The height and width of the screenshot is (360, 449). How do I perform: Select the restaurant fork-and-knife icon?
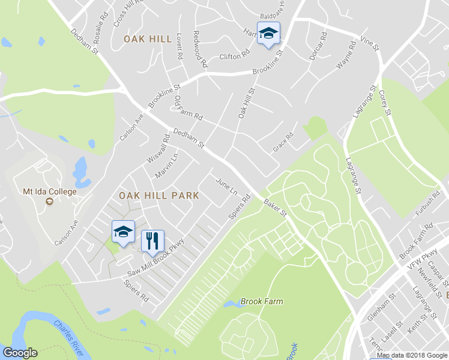coord(152,241)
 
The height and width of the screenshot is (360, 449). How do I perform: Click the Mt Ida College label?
coord(50,192)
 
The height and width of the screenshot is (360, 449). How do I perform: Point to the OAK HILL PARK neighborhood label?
coord(158,196)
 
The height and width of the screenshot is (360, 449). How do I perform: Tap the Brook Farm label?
coord(261,302)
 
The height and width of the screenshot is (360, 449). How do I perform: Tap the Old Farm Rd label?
coord(188,109)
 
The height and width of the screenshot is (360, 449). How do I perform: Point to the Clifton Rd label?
coord(234,56)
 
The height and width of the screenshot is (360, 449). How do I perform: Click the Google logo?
coord(20,353)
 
